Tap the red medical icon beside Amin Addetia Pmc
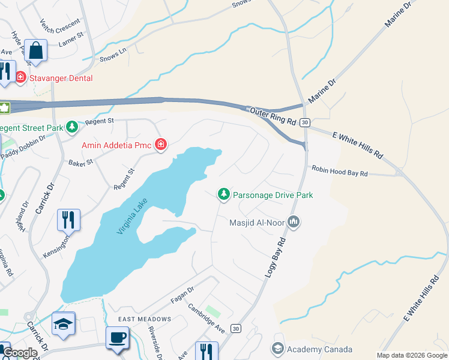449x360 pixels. [x=160, y=145]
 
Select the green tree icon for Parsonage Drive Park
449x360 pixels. [x=224, y=194]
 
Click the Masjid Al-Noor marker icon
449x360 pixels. [x=294, y=222]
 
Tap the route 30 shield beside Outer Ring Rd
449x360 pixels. [x=305, y=122]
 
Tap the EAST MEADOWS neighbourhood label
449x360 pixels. [x=144, y=319]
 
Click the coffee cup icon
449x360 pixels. [x=117, y=337]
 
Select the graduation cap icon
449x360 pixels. [x=63, y=323]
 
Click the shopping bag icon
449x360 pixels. [x=36, y=52]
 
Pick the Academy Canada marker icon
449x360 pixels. [x=277, y=349]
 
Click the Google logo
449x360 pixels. [x=20, y=353]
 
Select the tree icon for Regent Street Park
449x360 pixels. [x=73, y=127]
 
